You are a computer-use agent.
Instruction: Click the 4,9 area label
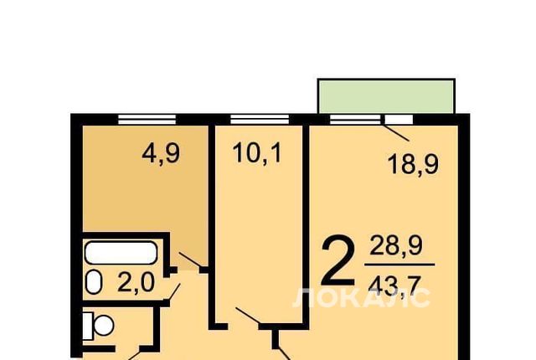[x=161, y=154]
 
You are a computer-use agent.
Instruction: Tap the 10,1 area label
[x=257, y=152]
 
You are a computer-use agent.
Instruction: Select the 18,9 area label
[x=413, y=164]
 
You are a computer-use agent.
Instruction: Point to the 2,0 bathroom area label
[x=136, y=283]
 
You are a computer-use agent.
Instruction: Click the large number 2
[x=338, y=260]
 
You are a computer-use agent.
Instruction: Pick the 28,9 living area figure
[x=396, y=246]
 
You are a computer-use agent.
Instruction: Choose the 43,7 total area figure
[x=394, y=286]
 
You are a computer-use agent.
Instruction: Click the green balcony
[x=386, y=96]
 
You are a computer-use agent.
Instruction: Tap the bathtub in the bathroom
[x=121, y=252]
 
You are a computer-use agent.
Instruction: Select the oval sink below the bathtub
[x=94, y=282]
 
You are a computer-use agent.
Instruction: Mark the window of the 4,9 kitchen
[x=147, y=120]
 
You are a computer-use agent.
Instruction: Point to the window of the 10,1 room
[x=260, y=120]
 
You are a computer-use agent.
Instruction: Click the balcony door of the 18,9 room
[x=399, y=120]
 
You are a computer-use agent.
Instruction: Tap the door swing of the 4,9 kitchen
[x=190, y=260]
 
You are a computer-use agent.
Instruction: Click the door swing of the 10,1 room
[x=248, y=316]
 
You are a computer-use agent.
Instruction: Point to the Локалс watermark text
[x=361, y=297]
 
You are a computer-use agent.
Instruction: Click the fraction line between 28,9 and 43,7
[x=399, y=265]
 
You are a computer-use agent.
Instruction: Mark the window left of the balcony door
[x=355, y=120]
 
